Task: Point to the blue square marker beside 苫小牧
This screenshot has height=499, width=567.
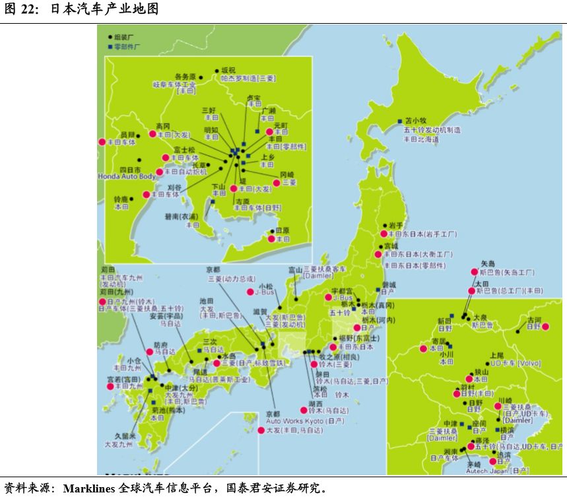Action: click(x=400, y=121)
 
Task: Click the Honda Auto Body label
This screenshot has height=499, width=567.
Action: click(x=127, y=177)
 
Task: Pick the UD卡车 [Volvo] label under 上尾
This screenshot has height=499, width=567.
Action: click(x=515, y=364)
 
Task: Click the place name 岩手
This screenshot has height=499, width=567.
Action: click(x=395, y=225)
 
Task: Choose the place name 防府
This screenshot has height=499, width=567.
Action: click(x=160, y=345)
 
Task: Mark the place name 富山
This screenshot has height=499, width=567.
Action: click(x=294, y=269)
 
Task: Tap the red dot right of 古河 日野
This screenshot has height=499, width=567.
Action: click(x=545, y=326)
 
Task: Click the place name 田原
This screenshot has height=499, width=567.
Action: click(x=282, y=230)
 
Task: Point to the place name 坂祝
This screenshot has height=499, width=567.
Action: click(x=228, y=70)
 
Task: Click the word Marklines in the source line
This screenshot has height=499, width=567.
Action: click(x=89, y=489)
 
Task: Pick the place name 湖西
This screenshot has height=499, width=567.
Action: click(x=316, y=403)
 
